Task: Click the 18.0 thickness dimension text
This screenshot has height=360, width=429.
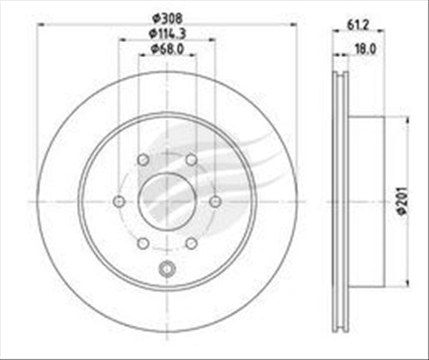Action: [366, 51]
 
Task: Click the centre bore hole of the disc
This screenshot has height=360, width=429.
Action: [167, 201]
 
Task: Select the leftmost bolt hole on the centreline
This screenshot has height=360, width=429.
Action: [119, 201]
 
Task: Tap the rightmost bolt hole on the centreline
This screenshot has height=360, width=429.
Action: [215, 201]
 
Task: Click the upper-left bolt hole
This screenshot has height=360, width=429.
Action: [143, 159]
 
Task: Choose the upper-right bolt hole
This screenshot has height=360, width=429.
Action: [191, 159]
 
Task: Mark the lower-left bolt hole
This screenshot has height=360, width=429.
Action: [143, 243]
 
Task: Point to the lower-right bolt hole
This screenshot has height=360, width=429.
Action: [191, 243]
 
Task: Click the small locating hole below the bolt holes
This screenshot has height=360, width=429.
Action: [167, 273]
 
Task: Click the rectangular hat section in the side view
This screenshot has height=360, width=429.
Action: [364, 201]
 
